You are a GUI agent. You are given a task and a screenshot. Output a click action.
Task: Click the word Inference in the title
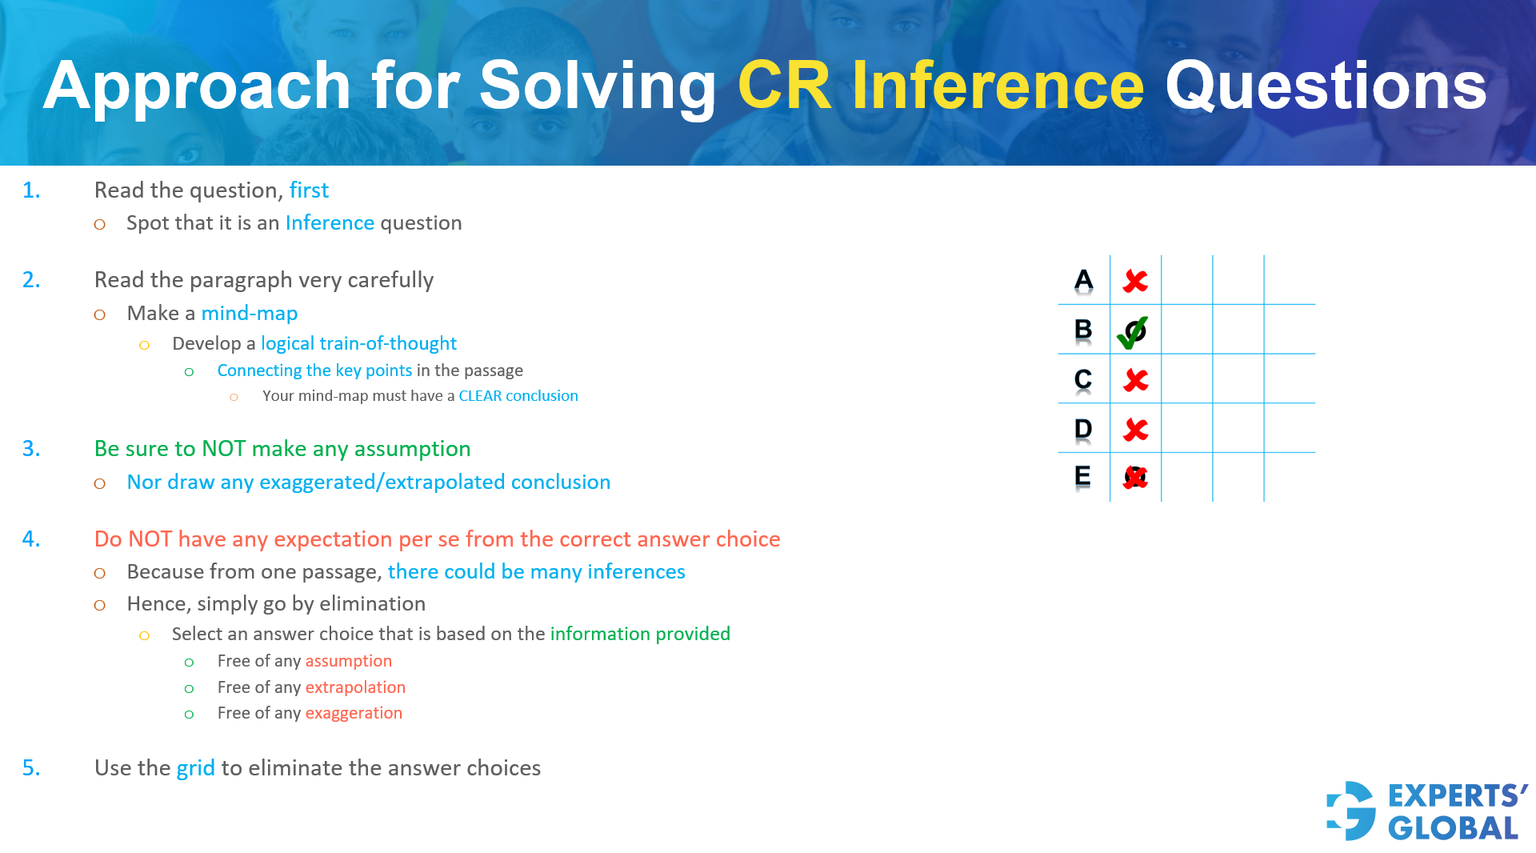(997, 86)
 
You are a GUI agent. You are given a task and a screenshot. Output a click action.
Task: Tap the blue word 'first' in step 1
(309, 190)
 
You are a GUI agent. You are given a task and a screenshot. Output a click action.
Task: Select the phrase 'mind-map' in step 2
(249, 314)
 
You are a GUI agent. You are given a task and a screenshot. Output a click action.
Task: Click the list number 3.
(31, 449)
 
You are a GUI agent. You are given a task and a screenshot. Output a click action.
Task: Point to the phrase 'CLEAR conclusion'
(518, 396)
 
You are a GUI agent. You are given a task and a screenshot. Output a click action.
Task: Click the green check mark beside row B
(1133, 332)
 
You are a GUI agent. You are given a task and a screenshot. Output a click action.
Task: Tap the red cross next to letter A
(1135, 281)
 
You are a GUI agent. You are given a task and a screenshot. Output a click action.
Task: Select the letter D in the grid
(1083, 430)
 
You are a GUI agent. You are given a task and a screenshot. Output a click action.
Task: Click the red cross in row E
(1135, 478)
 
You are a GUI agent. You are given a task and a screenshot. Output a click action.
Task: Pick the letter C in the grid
(1083, 379)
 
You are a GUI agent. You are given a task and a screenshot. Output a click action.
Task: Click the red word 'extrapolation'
(355, 687)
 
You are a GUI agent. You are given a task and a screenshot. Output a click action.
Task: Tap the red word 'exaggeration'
(354, 713)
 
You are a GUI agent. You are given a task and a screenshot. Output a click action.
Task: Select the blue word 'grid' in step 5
(195, 768)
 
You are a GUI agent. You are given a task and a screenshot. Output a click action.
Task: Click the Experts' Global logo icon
(1351, 811)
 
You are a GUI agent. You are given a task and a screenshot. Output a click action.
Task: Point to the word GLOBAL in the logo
(1453, 828)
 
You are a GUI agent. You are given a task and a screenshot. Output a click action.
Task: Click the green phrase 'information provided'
(640, 634)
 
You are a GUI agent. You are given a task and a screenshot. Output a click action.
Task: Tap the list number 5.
(31, 768)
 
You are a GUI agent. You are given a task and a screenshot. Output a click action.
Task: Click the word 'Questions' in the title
(1326, 86)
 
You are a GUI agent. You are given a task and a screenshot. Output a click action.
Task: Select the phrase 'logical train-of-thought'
(358, 344)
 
